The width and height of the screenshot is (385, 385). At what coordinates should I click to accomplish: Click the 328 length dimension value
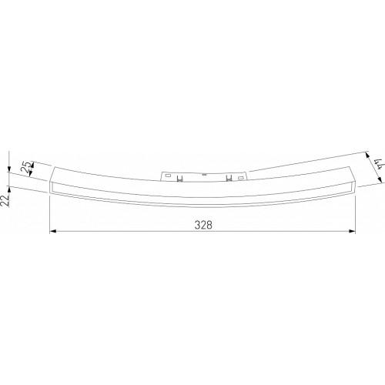click(203, 225)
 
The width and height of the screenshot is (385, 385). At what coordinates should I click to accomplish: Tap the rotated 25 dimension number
click(27, 166)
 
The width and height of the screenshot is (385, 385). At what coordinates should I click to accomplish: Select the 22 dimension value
click(5, 201)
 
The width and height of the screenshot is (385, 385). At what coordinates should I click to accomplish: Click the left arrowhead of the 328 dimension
click(52, 231)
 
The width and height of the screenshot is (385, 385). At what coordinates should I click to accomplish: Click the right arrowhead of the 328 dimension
click(352, 231)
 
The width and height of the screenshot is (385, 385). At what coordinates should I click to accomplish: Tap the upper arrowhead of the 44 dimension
click(367, 155)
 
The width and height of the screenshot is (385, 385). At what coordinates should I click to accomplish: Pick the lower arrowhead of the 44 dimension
click(380, 180)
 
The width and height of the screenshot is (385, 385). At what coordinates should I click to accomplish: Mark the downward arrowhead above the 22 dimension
click(8, 169)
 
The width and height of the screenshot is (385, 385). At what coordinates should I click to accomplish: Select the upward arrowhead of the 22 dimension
click(8, 189)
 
